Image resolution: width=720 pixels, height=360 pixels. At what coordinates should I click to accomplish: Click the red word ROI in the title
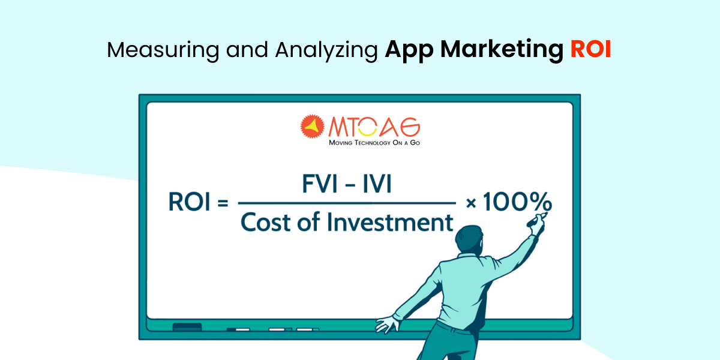tap(590, 50)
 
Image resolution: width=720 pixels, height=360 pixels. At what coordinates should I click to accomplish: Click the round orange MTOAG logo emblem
tap(313, 127)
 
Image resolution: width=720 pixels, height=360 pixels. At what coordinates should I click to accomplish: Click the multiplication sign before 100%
tap(471, 204)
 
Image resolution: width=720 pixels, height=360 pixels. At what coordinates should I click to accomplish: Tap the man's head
tap(469, 240)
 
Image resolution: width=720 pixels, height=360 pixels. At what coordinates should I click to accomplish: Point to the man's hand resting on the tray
tap(387, 325)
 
